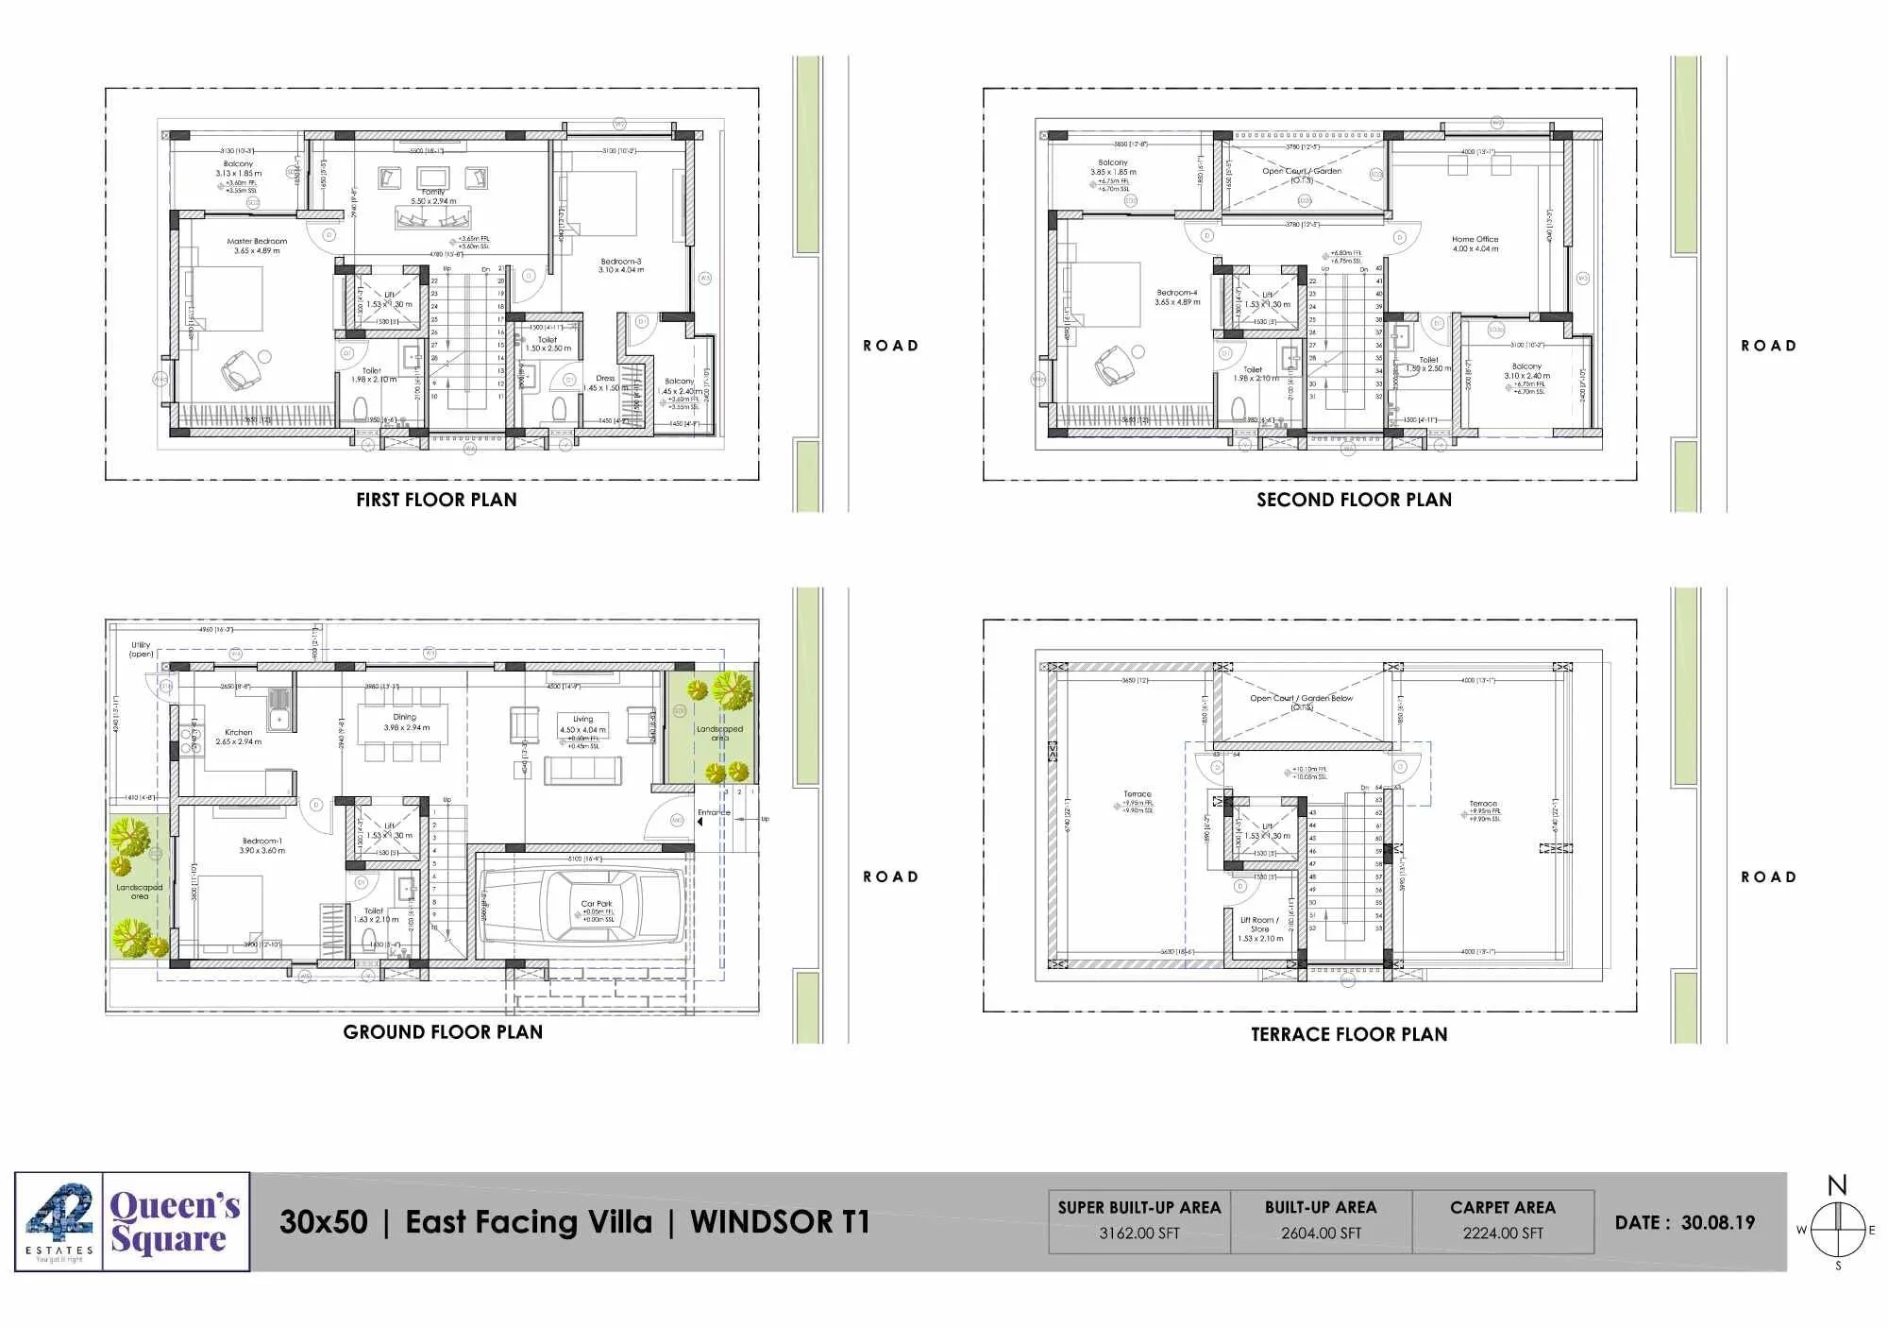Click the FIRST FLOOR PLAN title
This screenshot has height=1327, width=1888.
point(436,500)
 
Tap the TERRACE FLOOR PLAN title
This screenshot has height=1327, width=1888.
point(1349,1034)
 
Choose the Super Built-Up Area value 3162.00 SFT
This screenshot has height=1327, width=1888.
point(1138,1233)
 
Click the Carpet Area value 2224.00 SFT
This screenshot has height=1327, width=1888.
point(1503,1233)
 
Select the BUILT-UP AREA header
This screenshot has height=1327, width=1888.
point(1321,1207)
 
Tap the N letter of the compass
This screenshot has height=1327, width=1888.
point(1836,1186)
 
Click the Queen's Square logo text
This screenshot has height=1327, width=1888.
point(176,1221)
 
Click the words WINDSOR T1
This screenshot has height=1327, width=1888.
point(779,1222)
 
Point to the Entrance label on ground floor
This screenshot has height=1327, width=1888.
point(714,812)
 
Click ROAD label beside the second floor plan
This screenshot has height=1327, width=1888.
point(1768,346)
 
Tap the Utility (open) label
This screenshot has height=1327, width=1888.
point(141,649)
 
